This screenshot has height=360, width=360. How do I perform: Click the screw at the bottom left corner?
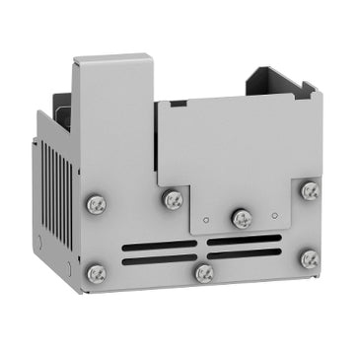click(97, 273)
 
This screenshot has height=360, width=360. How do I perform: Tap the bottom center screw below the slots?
click(204, 273)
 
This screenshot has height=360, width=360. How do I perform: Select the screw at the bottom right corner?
click(309, 259)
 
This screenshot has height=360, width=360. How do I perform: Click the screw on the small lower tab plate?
click(240, 218)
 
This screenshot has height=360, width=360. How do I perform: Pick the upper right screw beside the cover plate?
click(310, 189)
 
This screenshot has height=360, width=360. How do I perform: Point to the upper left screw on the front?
click(97, 205)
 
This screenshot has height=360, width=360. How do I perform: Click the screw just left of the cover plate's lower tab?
click(173, 200)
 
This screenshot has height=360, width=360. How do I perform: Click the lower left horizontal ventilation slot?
click(162, 259)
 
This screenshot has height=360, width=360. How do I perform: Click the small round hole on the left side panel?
click(39, 240)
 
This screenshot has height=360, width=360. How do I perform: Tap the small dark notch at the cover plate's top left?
click(178, 103)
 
